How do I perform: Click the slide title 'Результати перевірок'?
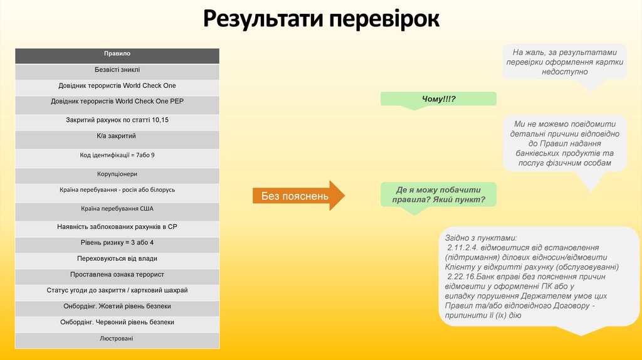point(321,18)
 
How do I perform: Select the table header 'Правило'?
point(117,54)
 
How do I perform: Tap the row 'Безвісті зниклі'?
point(117,70)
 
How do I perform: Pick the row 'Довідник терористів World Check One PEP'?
point(117,101)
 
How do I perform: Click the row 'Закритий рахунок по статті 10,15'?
point(117,119)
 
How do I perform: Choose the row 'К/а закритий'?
point(117,135)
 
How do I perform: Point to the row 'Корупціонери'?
point(117,174)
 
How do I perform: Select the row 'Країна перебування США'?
point(117,208)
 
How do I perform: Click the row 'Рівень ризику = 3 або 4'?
point(117,242)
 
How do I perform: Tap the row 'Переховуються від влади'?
point(117,258)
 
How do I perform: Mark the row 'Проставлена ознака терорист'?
point(117,274)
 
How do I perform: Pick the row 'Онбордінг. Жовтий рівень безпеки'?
point(117,306)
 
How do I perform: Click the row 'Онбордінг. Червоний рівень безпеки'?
point(117,322)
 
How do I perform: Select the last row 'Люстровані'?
point(117,339)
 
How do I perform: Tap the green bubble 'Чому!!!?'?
point(438,99)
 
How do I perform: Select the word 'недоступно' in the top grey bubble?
point(564,72)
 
